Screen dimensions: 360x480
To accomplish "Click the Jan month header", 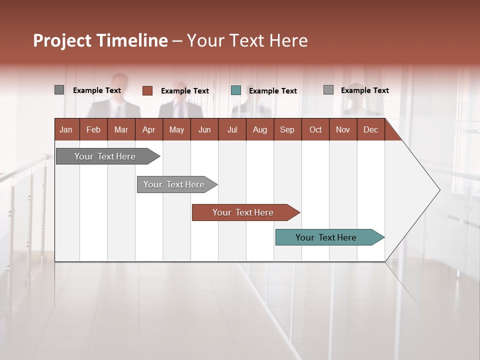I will (66, 129).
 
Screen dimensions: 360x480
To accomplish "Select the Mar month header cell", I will (121, 129).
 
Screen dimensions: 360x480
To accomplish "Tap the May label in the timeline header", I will (176, 129).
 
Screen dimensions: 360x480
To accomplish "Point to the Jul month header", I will (232, 129).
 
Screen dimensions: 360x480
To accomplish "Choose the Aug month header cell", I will (259, 129).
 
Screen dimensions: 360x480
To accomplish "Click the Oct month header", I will (315, 129).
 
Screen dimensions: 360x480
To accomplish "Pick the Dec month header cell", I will (370, 129).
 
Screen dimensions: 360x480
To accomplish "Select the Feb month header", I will (93, 129).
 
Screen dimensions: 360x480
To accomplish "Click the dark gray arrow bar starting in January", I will (105, 156).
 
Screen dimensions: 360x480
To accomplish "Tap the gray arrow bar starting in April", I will (174, 184).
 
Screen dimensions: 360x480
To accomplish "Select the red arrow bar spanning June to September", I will (243, 212).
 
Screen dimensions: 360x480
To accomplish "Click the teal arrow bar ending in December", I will (326, 237).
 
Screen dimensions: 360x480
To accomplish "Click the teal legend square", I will (236, 90).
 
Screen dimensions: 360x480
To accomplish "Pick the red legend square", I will (147, 90).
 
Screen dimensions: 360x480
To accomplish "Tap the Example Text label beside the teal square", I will (273, 91).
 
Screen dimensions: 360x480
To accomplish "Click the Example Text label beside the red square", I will (185, 91).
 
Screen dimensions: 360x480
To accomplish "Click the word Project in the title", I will (62, 41).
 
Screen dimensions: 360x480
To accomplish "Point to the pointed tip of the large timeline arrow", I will (438, 190).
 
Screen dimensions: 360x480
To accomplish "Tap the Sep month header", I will (287, 129).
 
